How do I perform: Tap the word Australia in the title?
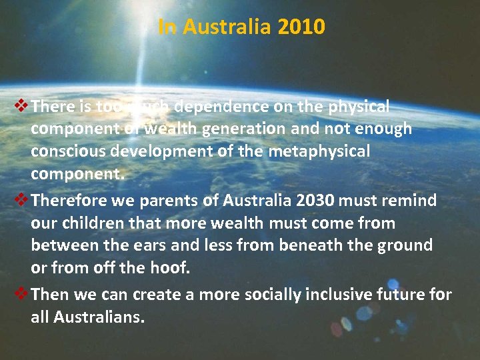(227, 27)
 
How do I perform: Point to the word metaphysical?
(319, 151)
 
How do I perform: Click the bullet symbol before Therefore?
(21, 199)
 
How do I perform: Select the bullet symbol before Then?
(21, 294)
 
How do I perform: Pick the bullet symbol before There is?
(21, 106)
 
